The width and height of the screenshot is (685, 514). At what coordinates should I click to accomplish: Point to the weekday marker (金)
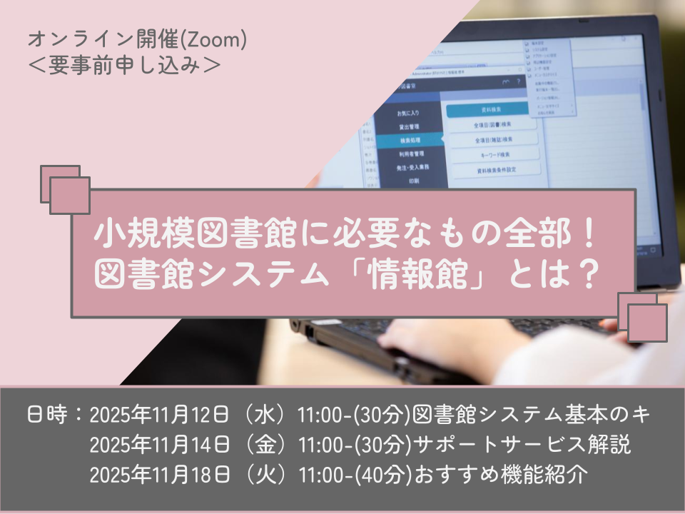click(264, 445)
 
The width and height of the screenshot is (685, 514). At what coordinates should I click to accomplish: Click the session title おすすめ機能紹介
click(500, 476)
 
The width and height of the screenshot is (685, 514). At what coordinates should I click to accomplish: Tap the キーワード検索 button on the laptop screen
click(492, 154)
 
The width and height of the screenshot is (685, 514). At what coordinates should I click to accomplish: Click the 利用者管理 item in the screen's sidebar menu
click(410, 153)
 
